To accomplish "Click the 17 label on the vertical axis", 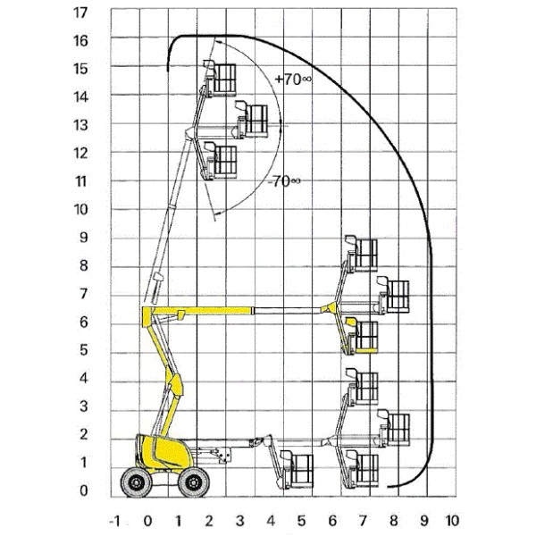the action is click(80, 13).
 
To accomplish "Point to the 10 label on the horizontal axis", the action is click(452, 521).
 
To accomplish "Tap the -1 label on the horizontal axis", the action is click(114, 522).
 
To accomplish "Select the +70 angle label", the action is click(293, 80).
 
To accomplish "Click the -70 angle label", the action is click(284, 180).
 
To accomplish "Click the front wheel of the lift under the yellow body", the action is click(194, 482).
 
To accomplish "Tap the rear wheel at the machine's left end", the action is click(137, 482).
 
